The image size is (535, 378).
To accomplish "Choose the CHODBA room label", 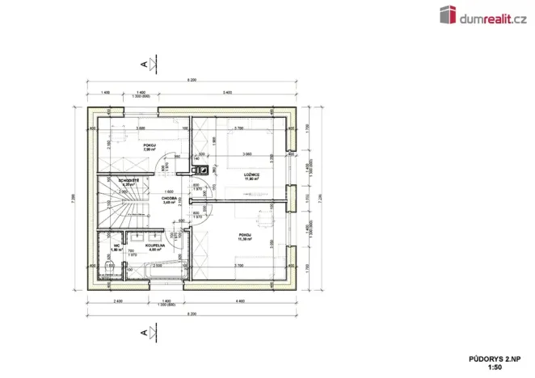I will (x=169, y=199).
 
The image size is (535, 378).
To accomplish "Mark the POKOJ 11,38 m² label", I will (x=245, y=237).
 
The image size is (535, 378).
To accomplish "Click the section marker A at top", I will (x=144, y=63).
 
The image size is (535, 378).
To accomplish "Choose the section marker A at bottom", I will (x=144, y=332).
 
